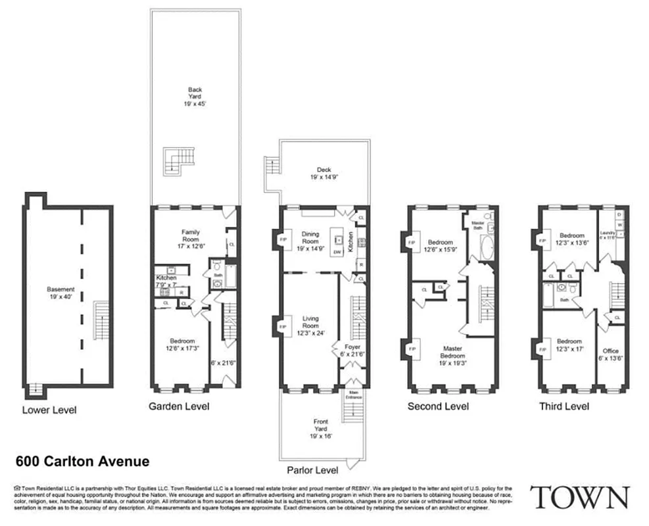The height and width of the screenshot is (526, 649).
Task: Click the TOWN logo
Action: coord(579,497)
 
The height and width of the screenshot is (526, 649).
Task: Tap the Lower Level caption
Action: coord(49,410)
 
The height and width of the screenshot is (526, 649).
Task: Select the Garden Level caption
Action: coord(178,406)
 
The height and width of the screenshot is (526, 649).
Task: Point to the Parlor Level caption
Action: coord(312,470)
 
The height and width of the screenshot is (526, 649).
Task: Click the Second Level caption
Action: coord(438,406)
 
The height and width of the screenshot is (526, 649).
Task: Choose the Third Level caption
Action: coord(564,406)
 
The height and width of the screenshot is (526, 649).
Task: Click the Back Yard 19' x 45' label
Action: coord(195,97)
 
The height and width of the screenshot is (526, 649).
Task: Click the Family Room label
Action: coord(191,235)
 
